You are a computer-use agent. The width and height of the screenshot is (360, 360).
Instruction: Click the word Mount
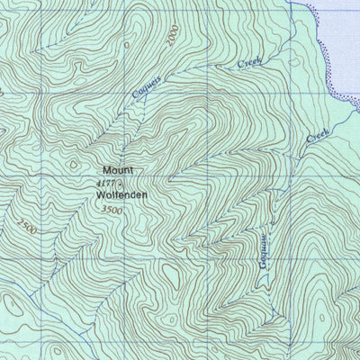117,170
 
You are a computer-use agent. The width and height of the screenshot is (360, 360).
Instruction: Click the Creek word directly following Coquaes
249,64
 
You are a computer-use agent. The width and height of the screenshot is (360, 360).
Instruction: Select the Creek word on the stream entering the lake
318,138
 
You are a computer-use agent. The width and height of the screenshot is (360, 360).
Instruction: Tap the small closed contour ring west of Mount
73,164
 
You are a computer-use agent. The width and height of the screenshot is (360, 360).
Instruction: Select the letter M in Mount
105,170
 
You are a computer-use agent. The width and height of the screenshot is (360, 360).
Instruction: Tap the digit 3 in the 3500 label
104,209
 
